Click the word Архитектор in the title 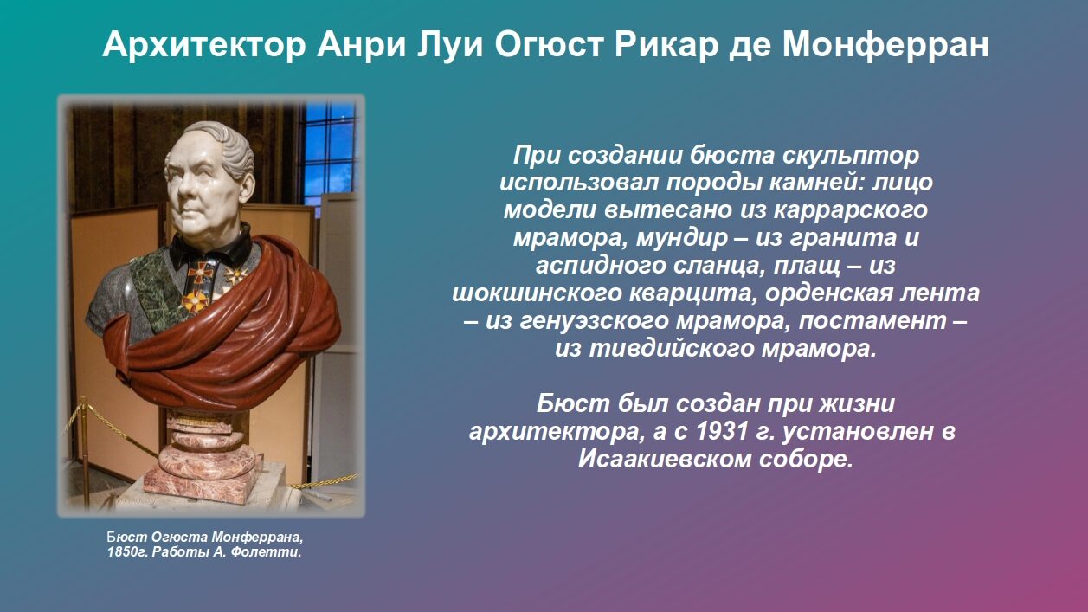coord(204,45)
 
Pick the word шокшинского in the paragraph coord(537,293)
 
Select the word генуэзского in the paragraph coord(600,320)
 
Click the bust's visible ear coord(246,187)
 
